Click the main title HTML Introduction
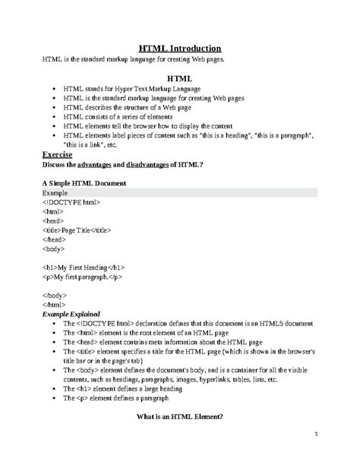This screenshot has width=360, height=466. coord(179,46)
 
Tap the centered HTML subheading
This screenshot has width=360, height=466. coord(180,78)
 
